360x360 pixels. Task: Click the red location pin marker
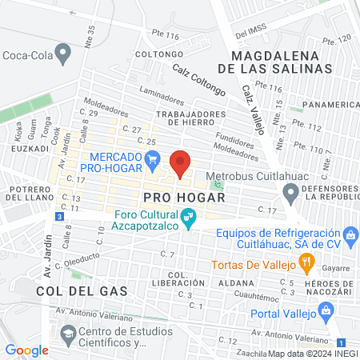(181, 163)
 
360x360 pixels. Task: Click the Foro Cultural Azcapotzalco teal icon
(190, 216)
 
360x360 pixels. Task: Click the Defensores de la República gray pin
(290, 192)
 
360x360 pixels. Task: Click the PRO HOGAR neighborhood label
(174, 196)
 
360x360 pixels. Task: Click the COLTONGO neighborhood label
(154, 54)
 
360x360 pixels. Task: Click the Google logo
(27, 350)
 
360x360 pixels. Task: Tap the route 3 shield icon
(59, 217)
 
